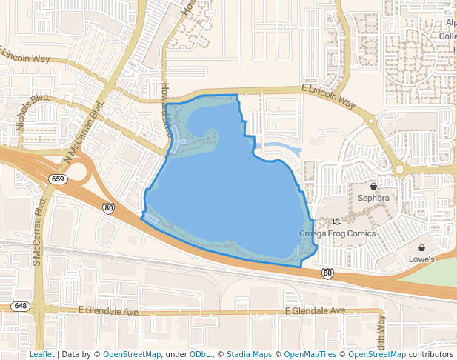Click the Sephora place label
click(373, 199)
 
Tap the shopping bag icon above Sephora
click(373, 187)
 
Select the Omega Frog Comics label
click(337, 233)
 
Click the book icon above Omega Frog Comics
click(338, 221)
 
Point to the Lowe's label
click(421, 259)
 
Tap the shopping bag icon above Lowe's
click(421, 248)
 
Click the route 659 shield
click(58, 179)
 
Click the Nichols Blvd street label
click(34, 112)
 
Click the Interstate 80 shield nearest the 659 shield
click(108, 210)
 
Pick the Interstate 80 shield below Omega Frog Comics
click(327, 273)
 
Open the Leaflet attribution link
click(42, 355)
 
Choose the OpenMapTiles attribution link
click(309, 355)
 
